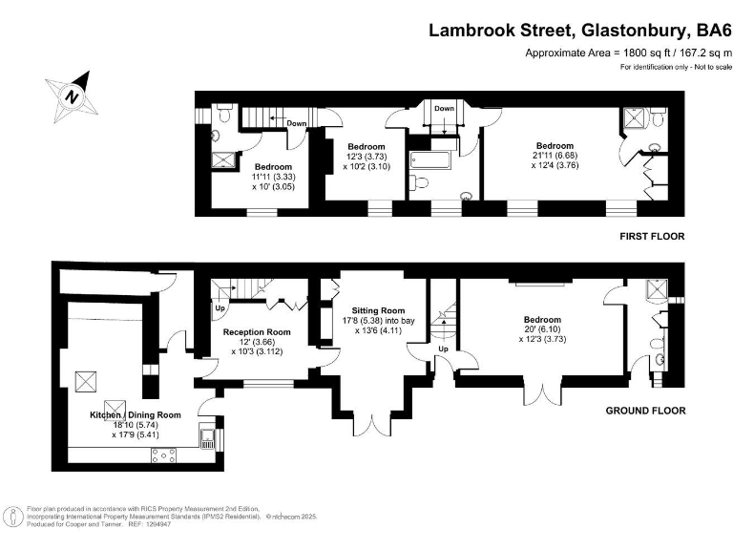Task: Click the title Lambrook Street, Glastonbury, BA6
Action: [x=579, y=30]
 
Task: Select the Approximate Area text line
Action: [x=628, y=53]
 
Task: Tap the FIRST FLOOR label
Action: [x=651, y=237]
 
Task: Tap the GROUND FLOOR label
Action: [x=646, y=411]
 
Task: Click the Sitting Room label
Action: [x=378, y=310]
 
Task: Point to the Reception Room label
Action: [x=257, y=331]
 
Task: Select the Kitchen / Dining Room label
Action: [x=135, y=414]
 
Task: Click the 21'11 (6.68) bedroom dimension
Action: [x=554, y=156]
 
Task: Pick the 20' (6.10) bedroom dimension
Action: [x=541, y=330]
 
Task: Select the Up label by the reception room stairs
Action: [x=220, y=308]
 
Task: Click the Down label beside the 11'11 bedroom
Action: [x=297, y=123]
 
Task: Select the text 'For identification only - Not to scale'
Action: [x=675, y=67]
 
